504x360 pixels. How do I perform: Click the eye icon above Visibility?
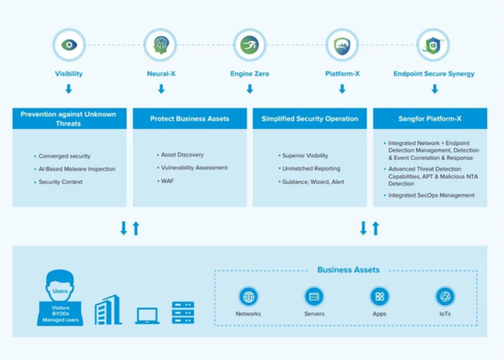pyautogui.click(x=69, y=45)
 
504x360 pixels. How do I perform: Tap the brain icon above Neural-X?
pyautogui.click(x=161, y=45)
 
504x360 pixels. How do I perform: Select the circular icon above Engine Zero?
pyautogui.click(x=249, y=45)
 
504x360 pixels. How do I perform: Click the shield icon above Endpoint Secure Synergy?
pyautogui.click(x=433, y=45)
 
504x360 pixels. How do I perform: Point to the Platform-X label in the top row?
pyautogui.click(x=342, y=74)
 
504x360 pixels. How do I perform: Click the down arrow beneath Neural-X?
pyautogui.click(x=161, y=89)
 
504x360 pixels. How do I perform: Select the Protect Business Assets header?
pyautogui.click(x=190, y=119)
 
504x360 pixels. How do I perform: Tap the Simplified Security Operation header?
pyautogui.click(x=310, y=119)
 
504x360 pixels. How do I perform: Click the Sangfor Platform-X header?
pyautogui.click(x=430, y=119)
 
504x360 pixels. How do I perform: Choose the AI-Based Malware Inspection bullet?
pyautogui.click(x=77, y=169)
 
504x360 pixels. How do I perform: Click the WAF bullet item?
pyautogui.click(x=167, y=180)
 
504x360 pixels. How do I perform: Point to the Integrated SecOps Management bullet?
pyautogui.click(x=431, y=195)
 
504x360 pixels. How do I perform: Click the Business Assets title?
pyautogui.click(x=348, y=270)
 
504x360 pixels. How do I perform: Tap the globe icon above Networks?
pyautogui.click(x=248, y=296)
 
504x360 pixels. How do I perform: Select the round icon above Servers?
pyautogui.click(x=314, y=296)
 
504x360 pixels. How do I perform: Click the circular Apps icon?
pyautogui.click(x=379, y=296)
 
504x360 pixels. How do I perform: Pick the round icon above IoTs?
pyautogui.click(x=445, y=296)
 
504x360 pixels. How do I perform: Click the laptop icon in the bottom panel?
pyautogui.click(x=147, y=315)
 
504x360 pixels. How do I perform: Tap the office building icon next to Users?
pyautogui.click(x=108, y=310)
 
